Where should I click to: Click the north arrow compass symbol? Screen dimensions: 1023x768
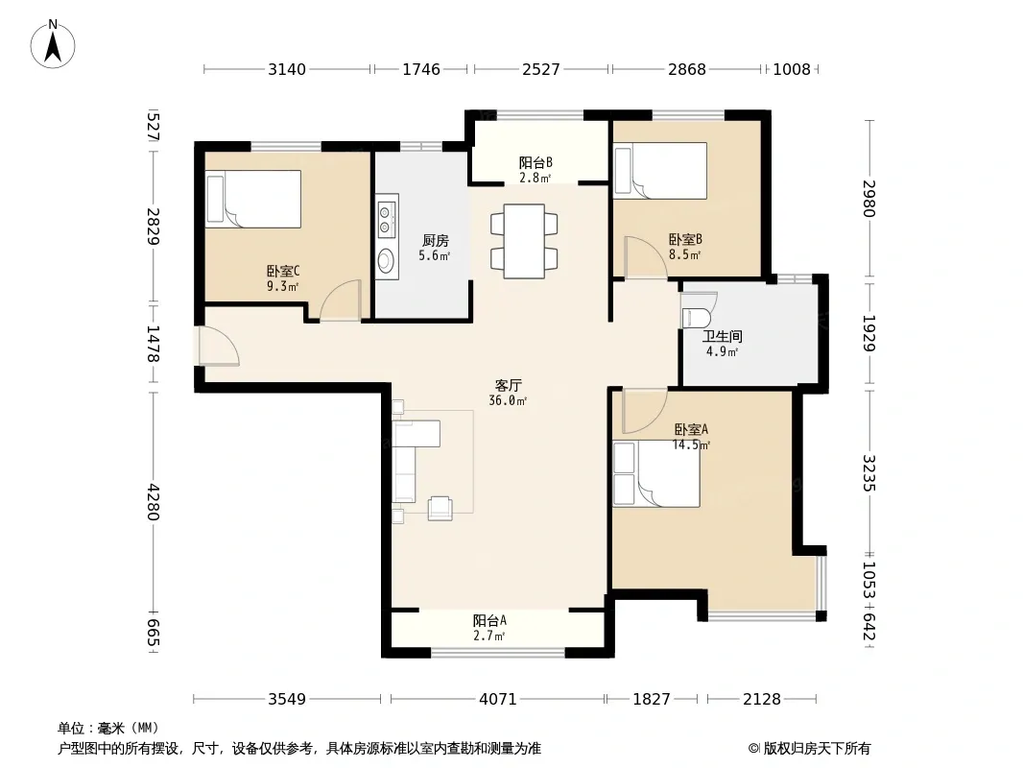point(53,44)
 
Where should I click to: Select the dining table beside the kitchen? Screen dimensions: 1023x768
point(524,241)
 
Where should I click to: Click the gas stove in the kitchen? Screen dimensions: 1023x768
point(386,219)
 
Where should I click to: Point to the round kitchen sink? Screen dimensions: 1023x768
point(386,261)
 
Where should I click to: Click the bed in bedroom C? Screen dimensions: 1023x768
point(253,199)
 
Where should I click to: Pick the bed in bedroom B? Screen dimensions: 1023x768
point(660,170)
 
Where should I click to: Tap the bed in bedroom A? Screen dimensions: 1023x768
point(656,474)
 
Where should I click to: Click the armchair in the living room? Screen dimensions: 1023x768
point(440,508)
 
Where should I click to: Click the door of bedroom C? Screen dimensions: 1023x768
point(341,300)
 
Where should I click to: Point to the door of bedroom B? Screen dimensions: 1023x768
point(646,257)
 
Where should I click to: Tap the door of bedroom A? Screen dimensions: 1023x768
point(645,412)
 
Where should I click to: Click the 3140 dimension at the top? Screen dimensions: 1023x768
point(286,69)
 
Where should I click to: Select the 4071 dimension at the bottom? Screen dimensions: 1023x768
point(498,700)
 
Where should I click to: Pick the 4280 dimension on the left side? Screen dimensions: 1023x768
point(152,501)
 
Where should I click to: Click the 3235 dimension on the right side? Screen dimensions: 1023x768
point(868,472)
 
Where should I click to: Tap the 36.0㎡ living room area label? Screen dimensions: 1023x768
point(508,400)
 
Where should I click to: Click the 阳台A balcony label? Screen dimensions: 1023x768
point(489,620)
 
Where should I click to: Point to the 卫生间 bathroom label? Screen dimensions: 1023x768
point(723,337)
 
